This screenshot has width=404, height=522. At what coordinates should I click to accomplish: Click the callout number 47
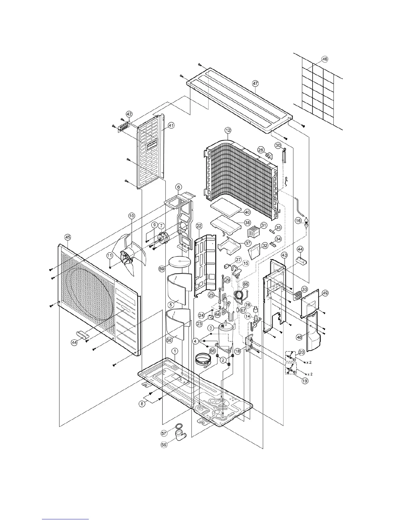(x=255, y=84)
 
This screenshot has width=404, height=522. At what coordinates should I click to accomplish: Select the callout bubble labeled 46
(x=325, y=59)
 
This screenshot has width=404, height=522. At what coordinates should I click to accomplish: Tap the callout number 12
(x=228, y=130)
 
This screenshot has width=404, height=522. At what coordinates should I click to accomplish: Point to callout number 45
(x=68, y=237)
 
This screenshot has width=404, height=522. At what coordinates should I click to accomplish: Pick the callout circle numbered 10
(x=131, y=216)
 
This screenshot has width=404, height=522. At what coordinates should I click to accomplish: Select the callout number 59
(x=162, y=269)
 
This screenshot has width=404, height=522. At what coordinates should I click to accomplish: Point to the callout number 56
(x=164, y=444)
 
